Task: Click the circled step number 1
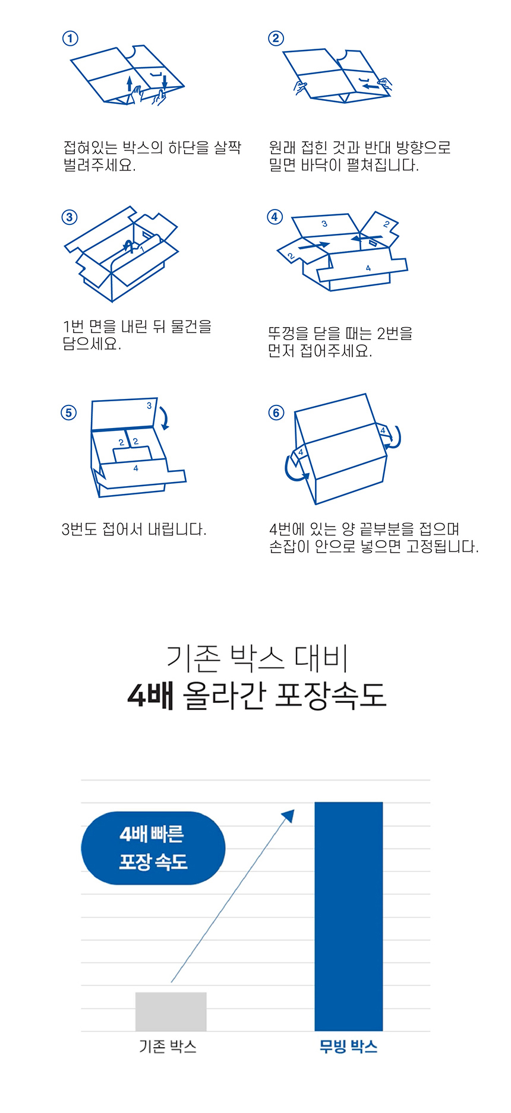click(x=70, y=39)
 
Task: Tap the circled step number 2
click(x=276, y=39)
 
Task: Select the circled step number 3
click(x=70, y=217)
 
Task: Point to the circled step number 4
click(x=275, y=217)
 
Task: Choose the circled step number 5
click(x=69, y=413)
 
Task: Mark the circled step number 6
click(x=276, y=413)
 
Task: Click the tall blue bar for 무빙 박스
click(x=349, y=917)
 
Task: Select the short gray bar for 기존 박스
click(x=171, y=1011)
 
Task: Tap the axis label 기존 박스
click(x=168, y=1047)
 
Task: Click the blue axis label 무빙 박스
click(x=348, y=1047)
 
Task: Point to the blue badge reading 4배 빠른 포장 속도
click(x=153, y=848)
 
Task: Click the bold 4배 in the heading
click(x=150, y=695)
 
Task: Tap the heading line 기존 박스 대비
click(x=257, y=658)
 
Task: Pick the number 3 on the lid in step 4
click(x=324, y=224)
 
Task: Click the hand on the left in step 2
click(x=301, y=87)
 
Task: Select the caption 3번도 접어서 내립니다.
click(x=134, y=529)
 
